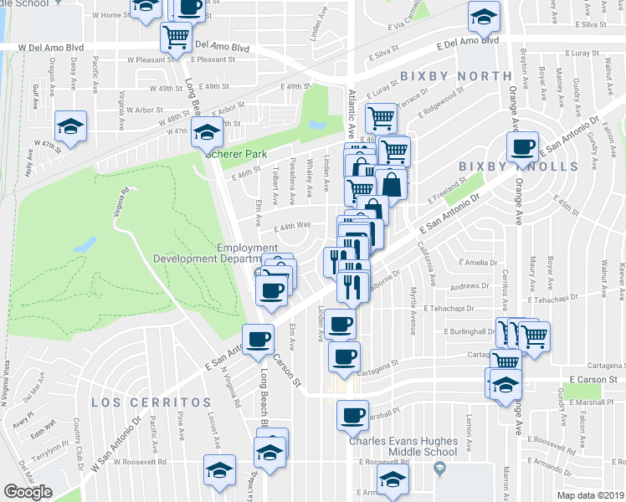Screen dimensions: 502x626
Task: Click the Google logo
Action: click(28, 492)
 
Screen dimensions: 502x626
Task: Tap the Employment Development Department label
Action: click(247, 253)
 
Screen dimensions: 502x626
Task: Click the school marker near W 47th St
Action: click(71, 126)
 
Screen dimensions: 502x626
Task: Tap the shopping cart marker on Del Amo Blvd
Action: click(177, 36)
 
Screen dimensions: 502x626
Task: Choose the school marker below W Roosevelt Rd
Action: click(219, 469)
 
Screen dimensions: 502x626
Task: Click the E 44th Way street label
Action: click(293, 225)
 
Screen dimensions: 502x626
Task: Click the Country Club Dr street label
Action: click(78, 438)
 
